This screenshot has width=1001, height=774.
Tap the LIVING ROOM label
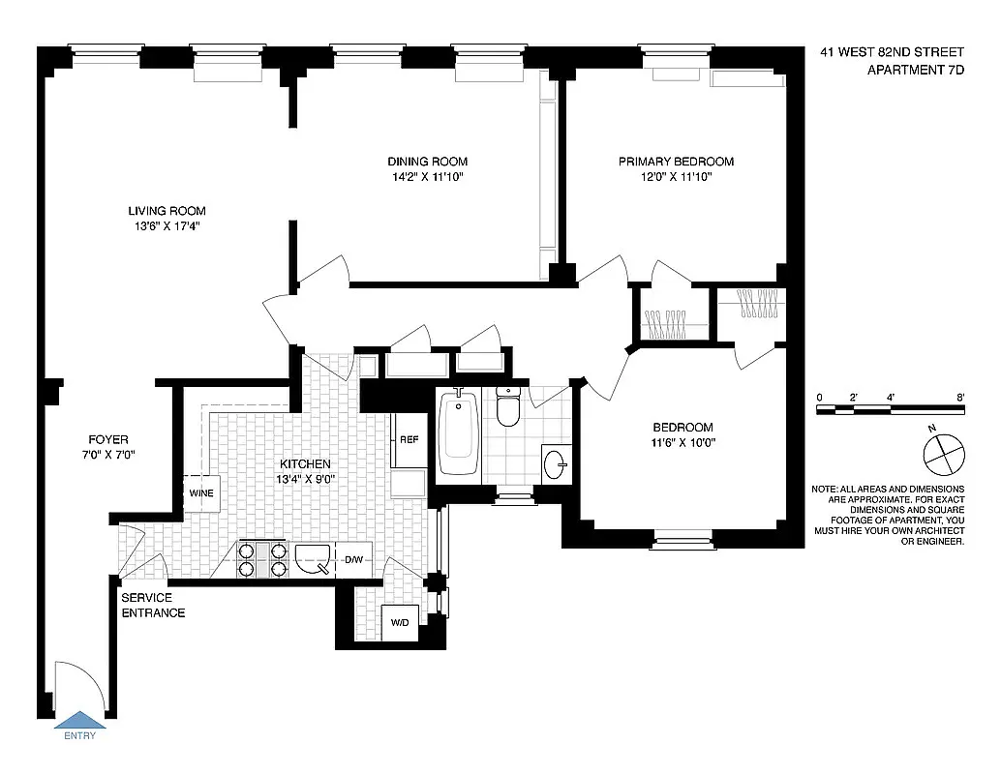(167, 211)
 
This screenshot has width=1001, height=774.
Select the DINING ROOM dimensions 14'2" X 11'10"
(427, 177)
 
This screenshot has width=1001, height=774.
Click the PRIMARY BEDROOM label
(676, 162)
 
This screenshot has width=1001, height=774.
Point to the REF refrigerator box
(409, 439)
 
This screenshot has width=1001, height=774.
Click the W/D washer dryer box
(400, 623)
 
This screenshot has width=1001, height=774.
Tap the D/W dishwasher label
(353, 559)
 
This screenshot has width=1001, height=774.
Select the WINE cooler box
(201, 492)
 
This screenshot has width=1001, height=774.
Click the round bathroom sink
(555, 462)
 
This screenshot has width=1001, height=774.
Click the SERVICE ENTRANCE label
(153, 606)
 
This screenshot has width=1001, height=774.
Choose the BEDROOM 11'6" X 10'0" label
(682, 435)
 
